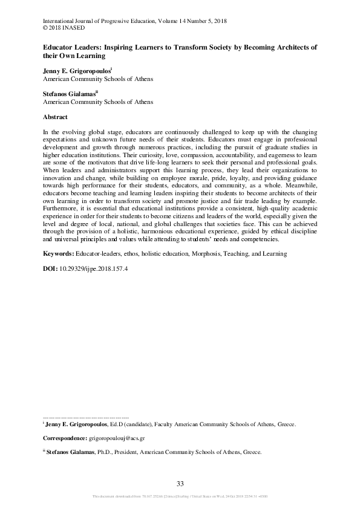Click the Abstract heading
[55, 117]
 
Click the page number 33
[180, 482]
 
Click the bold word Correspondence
[65, 437]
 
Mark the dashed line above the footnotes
[86, 418]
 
